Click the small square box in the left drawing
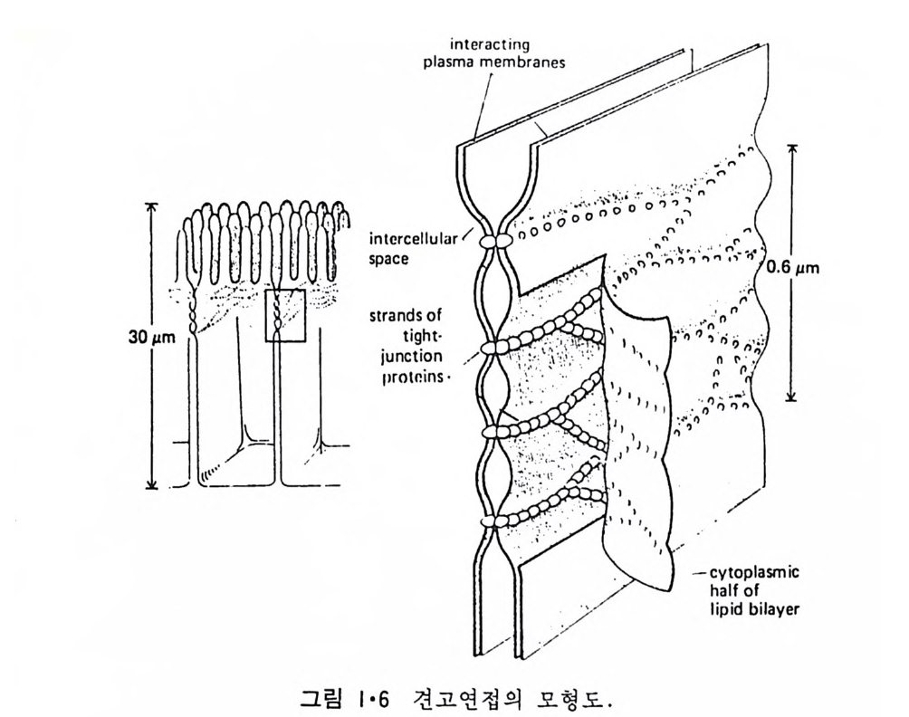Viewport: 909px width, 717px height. [x=284, y=315]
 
